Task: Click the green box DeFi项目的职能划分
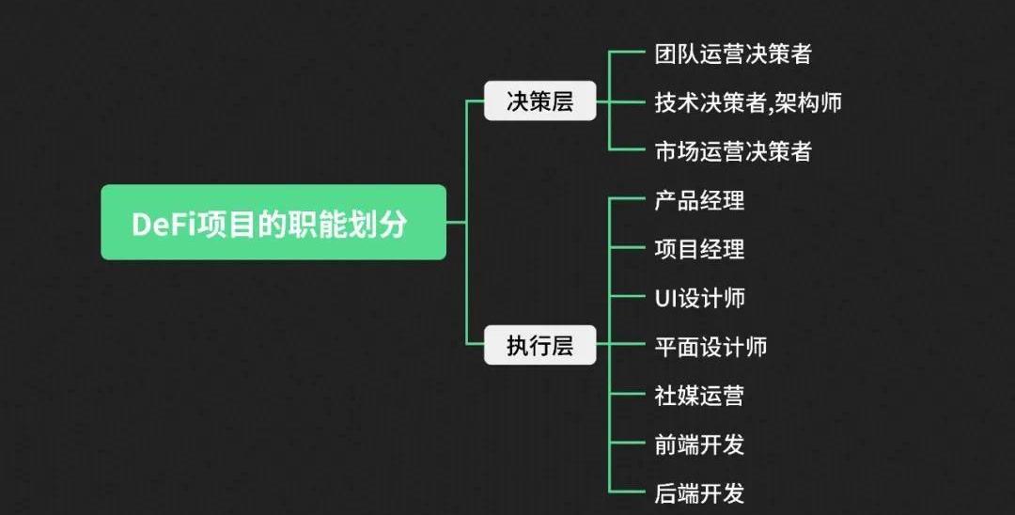click(x=273, y=223)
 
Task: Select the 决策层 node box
click(x=539, y=101)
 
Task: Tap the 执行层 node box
click(x=539, y=346)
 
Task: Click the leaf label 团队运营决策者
click(x=732, y=54)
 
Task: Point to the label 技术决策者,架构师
click(x=747, y=102)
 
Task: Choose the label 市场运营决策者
click(x=732, y=151)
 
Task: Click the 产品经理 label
click(x=699, y=200)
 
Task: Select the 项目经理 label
click(x=699, y=249)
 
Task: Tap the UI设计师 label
click(x=699, y=298)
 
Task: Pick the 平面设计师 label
click(x=710, y=347)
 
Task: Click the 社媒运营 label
click(x=699, y=396)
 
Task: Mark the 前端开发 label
click(x=699, y=445)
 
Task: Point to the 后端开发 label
click(x=699, y=492)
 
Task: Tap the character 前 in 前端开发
click(x=665, y=445)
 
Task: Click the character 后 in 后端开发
click(x=665, y=492)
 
